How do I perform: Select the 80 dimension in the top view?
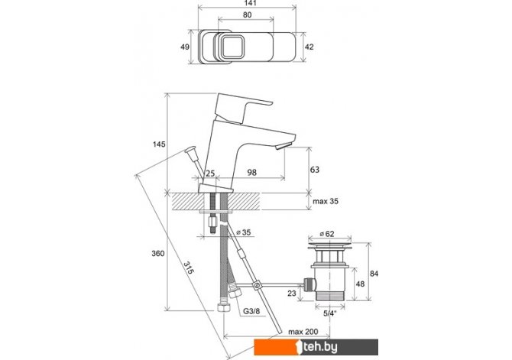(x=247, y=15)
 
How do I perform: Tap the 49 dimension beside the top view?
(x=185, y=47)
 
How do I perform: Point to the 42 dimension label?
(x=309, y=47)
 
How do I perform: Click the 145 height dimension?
(x=160, y=144)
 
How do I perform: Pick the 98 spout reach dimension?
(x=251, y=172)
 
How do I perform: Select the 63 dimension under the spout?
(x=315, y=170)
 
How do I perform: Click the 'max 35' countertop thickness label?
(x=326, y=201)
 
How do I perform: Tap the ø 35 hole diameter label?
(x=243, y=232)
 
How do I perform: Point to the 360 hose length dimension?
(x=158, y=254)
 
